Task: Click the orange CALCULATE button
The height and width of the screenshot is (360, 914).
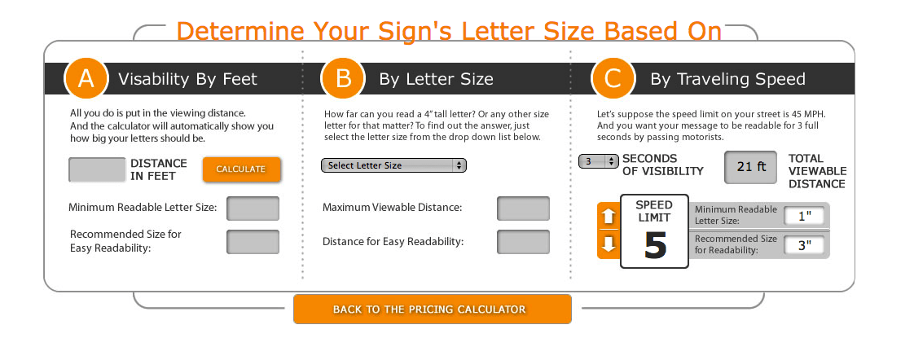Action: coord(242,169)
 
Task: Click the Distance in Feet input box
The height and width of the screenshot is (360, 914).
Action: coord(97,169)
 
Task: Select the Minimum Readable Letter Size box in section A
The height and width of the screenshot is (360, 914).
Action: coord(253,208)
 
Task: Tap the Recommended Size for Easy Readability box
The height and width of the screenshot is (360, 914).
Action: coord(253,242)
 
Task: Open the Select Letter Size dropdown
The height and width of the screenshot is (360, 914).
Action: coord(394,165)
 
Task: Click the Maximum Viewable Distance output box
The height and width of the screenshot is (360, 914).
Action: coord(524,208)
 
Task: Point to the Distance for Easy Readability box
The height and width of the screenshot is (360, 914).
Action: coord(524,242)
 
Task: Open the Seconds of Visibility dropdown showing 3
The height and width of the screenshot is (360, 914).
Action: coord(599,161)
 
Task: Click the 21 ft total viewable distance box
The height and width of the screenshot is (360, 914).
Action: coord(751,167)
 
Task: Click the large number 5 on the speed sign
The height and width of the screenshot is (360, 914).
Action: coord(655,246)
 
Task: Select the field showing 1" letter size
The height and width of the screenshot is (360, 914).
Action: coord(804,216)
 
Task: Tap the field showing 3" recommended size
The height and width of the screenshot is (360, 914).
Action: coord(804,245)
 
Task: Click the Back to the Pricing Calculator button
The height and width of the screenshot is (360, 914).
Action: coord(432,310)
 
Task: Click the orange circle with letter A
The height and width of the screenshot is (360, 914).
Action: coord(86,78)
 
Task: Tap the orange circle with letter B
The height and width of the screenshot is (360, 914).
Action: coord(343,78)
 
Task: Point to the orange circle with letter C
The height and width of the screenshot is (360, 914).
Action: coord(613,78)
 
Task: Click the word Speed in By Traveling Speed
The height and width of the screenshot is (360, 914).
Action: coord(778,80)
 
